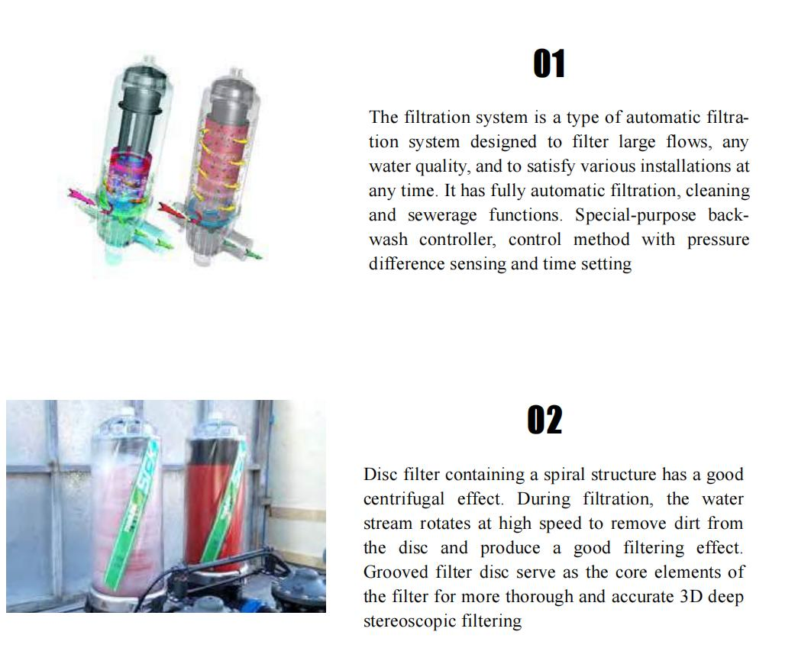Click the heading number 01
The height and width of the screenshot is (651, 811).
pos(549,64)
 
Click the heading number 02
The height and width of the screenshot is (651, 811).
pos(544,421)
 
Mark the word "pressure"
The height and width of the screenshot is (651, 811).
pos(718,240)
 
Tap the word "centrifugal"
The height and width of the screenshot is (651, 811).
pos(403,499)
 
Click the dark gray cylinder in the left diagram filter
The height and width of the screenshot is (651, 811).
pos(141,103)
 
